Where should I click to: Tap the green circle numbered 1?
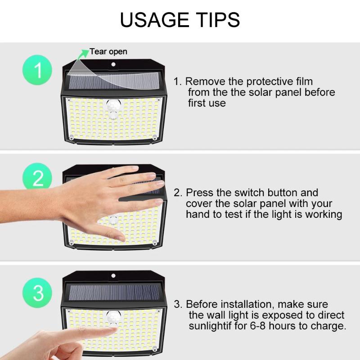point(38,71)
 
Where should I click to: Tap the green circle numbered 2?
point(38,178)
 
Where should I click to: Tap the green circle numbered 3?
point(38,293)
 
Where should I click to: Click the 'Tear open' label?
point(108,52)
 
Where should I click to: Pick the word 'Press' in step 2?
point(198,193)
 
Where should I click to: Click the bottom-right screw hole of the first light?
point(154,137)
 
